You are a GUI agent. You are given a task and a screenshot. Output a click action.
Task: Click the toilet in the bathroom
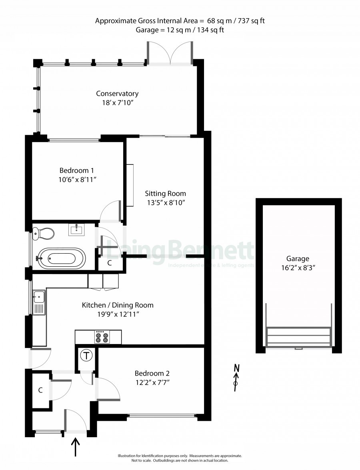[x=43, y=234]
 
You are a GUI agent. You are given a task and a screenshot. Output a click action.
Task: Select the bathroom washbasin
[x=78, y=230]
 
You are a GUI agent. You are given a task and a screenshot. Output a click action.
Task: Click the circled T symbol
[x=87, y=356]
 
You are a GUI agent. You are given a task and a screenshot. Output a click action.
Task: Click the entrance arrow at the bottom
[x=75, y=447]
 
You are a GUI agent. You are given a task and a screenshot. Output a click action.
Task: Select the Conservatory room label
[x=117, y=94]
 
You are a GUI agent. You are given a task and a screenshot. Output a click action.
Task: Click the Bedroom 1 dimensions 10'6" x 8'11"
[x=77, y=180]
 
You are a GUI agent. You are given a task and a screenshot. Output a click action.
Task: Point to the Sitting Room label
[x=166, y=194]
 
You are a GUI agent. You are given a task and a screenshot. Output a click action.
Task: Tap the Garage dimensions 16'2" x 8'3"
[x=298, y=268]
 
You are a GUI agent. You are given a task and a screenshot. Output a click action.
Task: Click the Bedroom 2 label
[x=152, y=374]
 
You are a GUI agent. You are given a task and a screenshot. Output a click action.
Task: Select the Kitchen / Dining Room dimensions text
[x=118, y=314]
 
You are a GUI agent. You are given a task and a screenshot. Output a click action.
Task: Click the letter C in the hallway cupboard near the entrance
[x=40, y=390]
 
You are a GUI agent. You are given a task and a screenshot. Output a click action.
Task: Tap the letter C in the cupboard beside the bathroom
[x=110, y=263]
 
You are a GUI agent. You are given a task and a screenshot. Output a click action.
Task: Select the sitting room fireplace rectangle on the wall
[x=130, y=185]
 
